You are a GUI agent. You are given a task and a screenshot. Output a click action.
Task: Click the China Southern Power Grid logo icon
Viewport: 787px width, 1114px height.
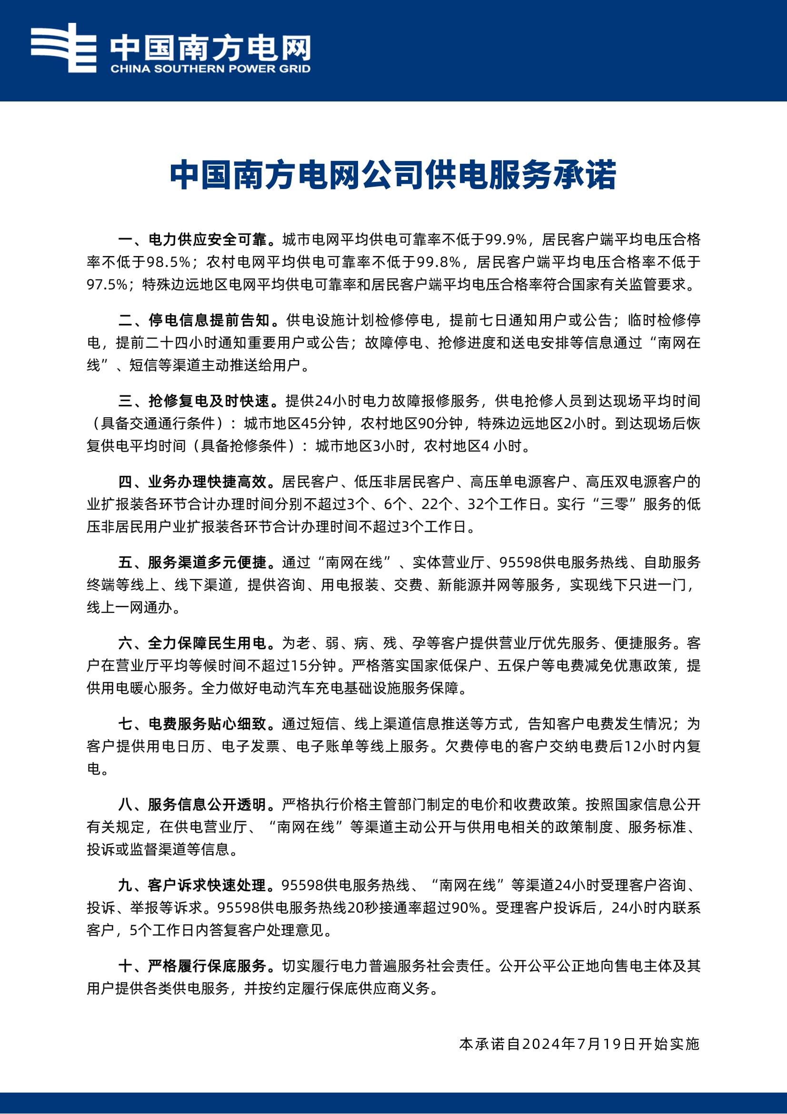point(63,48)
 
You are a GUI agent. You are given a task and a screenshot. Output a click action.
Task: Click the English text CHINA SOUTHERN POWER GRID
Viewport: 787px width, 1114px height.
point(210,69)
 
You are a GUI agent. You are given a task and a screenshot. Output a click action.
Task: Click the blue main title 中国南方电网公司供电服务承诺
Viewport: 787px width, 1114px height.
point(393,175)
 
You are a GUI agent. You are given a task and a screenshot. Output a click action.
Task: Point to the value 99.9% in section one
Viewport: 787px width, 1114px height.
point(506,239)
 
